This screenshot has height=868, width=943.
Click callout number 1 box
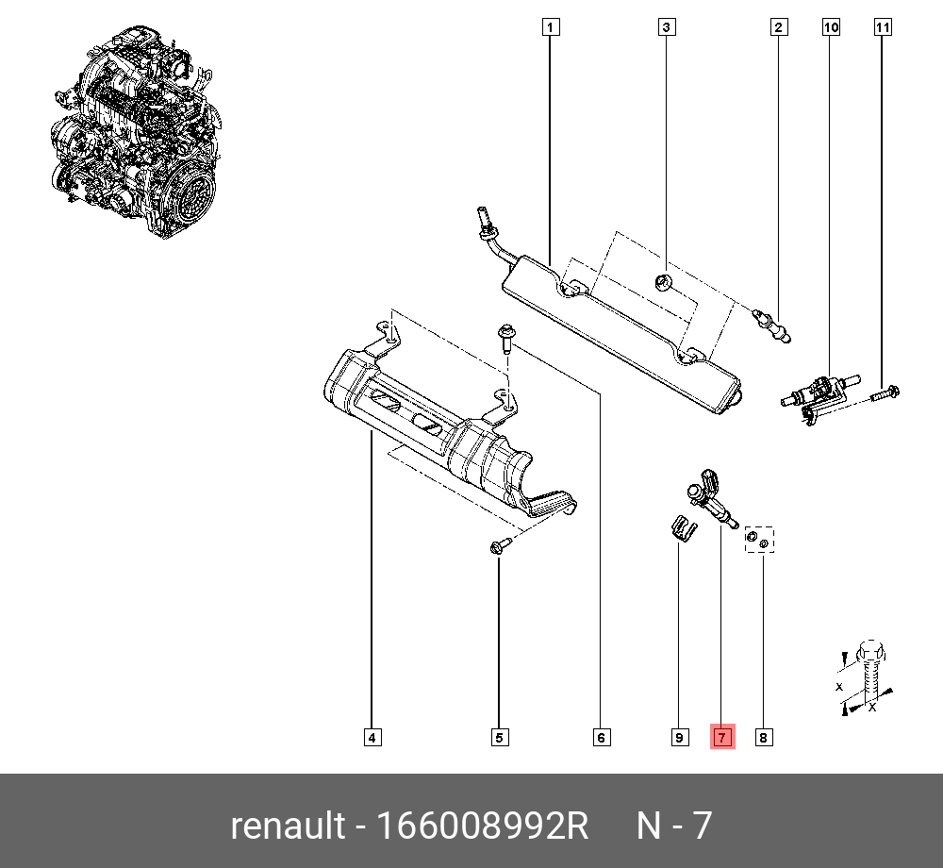pos(551,27)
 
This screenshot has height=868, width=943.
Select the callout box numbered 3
pos(666,27)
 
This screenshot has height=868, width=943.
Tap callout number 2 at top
pos(778,27)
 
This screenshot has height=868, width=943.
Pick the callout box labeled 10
pos(831,27)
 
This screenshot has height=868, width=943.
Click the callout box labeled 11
pos(883,27)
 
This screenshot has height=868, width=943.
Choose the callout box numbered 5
pos(500,737)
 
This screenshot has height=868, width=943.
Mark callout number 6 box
pos(601,737)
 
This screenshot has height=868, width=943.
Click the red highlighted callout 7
pos(721,737)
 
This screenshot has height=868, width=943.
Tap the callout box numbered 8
pos(763,737)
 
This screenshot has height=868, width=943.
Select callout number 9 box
pos(679,737)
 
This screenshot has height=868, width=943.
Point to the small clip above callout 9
pos(682,527)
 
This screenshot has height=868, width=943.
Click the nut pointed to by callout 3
pos(664,280)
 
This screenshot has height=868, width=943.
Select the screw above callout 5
pos(500,544)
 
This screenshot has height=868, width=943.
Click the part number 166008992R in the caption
pos(482,826)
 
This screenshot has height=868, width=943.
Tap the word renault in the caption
pos(288,826)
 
